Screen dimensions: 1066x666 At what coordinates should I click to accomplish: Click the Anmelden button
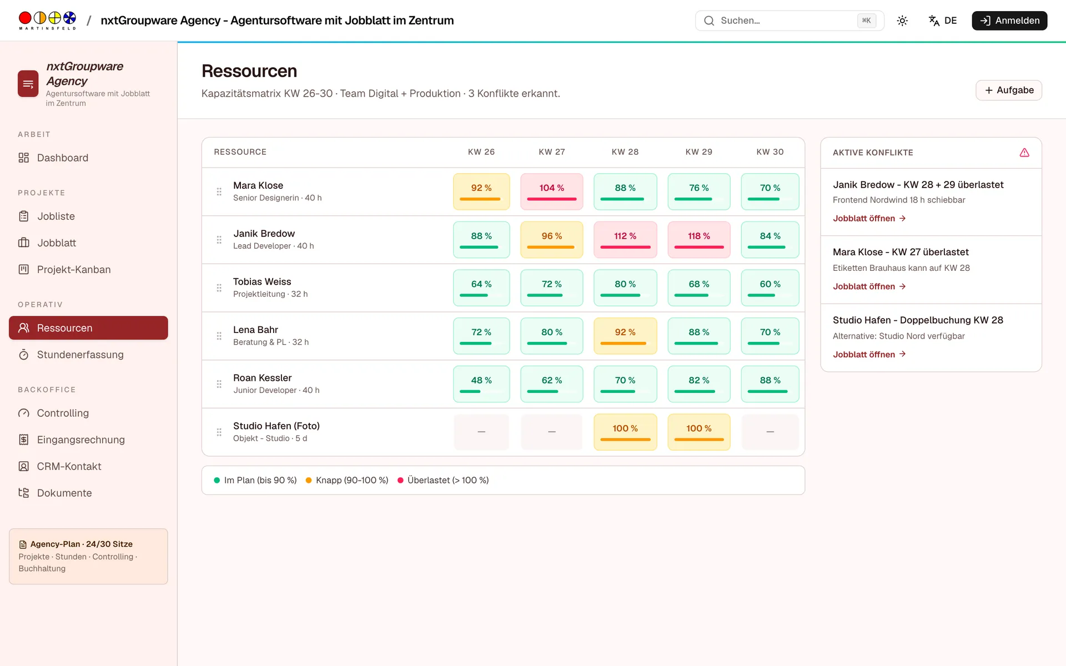(1009, 21)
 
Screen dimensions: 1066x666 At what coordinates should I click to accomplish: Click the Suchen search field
(790, 21)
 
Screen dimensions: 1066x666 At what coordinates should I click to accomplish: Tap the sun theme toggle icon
(902, 21)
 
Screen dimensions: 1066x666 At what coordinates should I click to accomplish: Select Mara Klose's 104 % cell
(551, 191)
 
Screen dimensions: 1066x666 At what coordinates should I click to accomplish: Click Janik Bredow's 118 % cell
(698, 240)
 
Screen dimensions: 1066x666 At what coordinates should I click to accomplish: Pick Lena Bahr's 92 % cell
(625, 336)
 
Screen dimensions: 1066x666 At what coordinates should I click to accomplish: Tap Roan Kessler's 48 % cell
(481, 384)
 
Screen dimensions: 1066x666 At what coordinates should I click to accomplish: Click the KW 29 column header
(698, 152)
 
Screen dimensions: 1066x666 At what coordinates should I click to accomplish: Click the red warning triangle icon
(1024, 153)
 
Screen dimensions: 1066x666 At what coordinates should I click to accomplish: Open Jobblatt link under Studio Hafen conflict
(869, 354)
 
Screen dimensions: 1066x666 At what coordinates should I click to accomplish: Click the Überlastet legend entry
(443, 480)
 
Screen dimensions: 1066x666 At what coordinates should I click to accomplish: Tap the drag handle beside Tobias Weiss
(219, 288)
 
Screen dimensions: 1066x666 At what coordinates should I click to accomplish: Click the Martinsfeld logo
(47, 21)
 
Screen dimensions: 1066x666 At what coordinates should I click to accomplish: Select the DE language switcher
(943, 21)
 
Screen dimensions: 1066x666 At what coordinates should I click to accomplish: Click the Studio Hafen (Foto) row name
(276, 426)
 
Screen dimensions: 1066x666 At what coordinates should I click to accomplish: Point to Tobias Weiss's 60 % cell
(770, 288)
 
